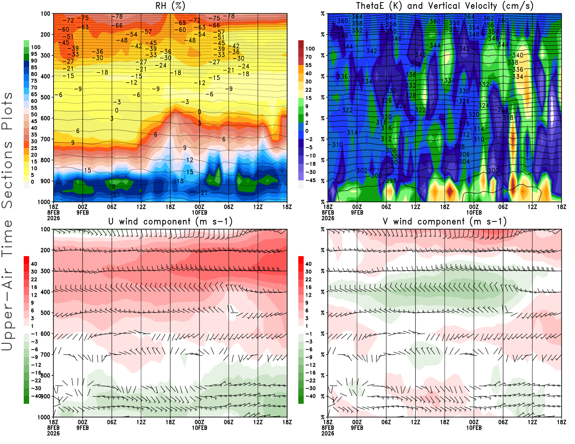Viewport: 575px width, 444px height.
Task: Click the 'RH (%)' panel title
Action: coord(170,6)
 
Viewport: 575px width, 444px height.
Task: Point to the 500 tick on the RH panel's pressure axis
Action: coord(45,97)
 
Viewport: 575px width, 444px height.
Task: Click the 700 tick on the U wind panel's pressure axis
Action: coord(45,355)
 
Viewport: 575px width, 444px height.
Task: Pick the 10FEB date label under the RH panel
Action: coord(199,213)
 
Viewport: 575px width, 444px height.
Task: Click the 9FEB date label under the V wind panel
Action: coord(357,428)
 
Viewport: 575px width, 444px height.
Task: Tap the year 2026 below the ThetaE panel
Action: coord(328,218)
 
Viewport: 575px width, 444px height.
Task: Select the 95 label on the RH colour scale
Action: coord(34,54)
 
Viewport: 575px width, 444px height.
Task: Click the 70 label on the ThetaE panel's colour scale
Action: coord(308,57)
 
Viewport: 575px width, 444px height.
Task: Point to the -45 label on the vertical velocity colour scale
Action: coord(310,180)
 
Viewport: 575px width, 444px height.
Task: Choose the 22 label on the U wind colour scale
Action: coord(34,279)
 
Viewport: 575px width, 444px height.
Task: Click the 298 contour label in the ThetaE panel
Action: coord(391,181)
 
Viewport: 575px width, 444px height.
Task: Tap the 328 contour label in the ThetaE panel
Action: coord(410,95)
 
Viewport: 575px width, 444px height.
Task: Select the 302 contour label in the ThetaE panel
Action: coord(362,170)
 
